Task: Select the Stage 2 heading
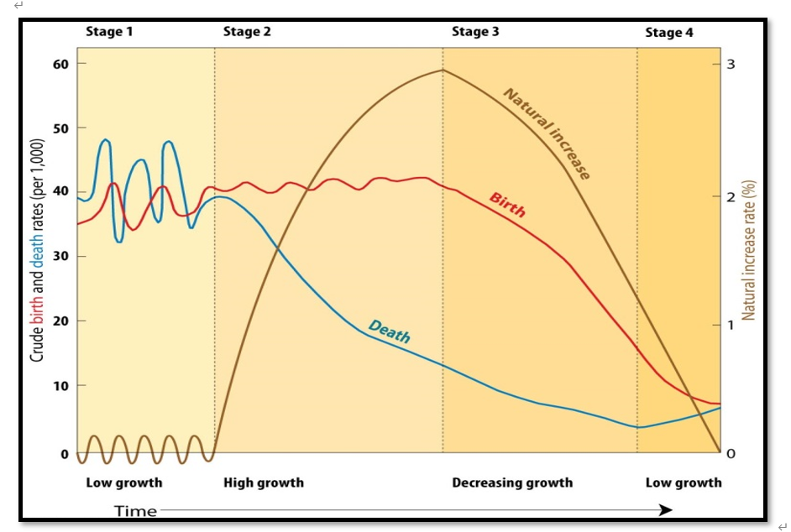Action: (247, 32)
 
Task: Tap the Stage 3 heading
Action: (475, 32)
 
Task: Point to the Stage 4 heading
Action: (669, 33)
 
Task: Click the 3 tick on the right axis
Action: (731, 65)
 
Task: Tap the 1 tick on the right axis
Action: (731, 325)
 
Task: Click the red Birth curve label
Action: (507, 205)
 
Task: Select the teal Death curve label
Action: (390, 332)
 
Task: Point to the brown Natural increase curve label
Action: (547, 133)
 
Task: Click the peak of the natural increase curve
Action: (443, 70)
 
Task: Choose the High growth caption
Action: (264, 482)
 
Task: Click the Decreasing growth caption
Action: (512, 482)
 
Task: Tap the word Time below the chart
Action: (135, 510)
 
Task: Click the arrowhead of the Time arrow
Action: (666, 509)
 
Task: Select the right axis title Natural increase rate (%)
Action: (749, 250)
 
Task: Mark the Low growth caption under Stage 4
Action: (684, 482)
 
